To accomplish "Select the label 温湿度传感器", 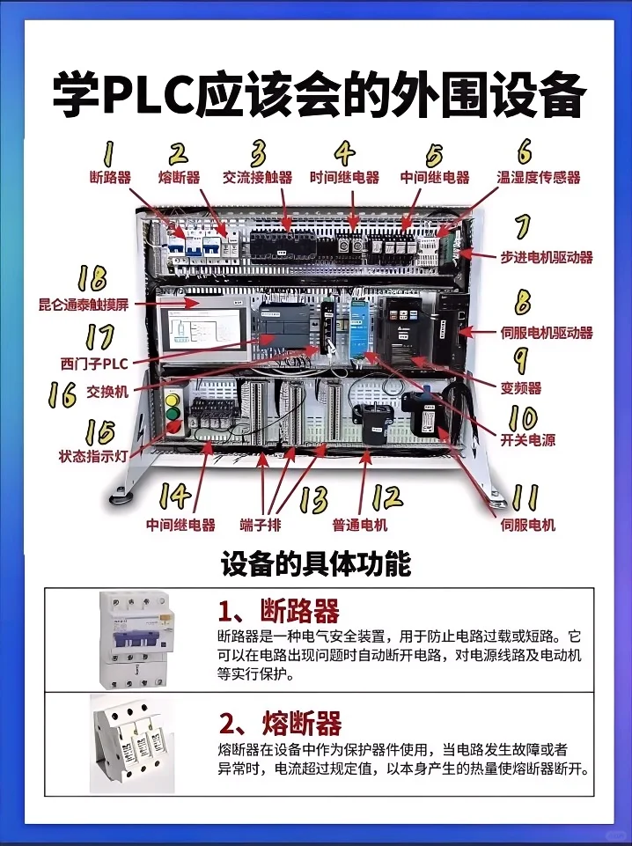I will coord(539,177).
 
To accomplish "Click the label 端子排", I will coord(261,525).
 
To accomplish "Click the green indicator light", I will coord(172,413).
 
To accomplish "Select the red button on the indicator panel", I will coord(173,428).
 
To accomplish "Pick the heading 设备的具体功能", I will coord(316,563).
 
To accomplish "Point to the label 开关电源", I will coord(528,439).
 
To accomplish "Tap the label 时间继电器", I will coord(344,177).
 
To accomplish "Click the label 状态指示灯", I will coord(87,457).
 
